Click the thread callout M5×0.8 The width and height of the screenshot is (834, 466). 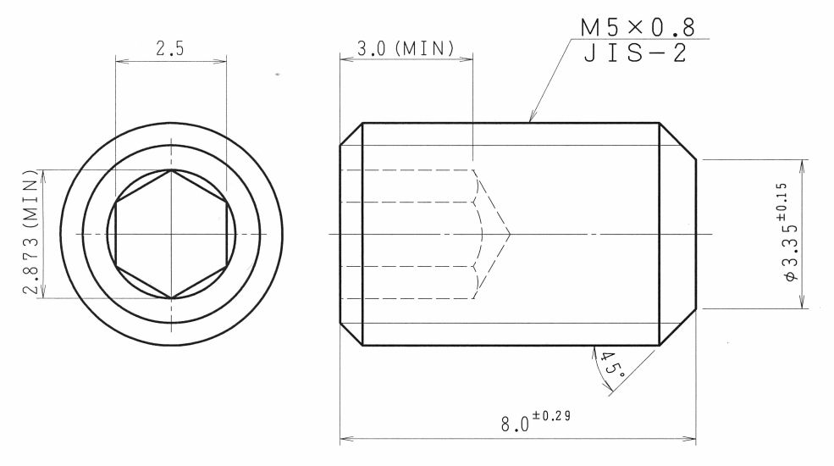pos(638,27)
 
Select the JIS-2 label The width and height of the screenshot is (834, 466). pos(635,53)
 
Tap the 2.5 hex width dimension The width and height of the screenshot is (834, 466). pos(169,48)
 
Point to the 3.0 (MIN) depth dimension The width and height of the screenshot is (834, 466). pos(406,48)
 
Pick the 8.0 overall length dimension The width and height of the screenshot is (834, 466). pos(515,424)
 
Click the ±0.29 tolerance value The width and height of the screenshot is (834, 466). pos(551,415)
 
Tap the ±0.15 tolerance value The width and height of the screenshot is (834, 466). pos(781,202)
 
